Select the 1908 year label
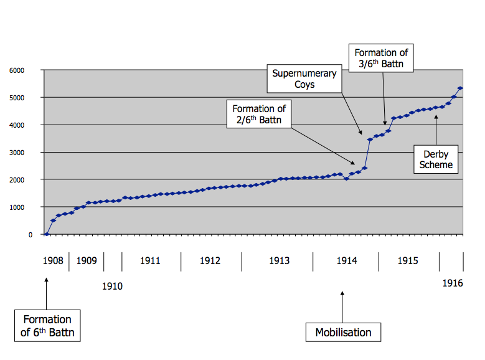point(54,261)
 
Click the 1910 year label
point(112,287)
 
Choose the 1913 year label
point(279,261)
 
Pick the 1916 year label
point(453,283)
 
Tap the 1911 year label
point(149,261)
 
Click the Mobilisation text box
point(343,332)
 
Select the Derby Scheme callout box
point(436,159)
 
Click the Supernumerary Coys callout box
point(304,78)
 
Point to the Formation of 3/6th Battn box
point(381,59)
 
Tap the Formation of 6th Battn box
point(47,326)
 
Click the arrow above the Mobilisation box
point(343,306)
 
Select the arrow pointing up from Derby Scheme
point(436,130)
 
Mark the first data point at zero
point(47,234)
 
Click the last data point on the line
point(460,88)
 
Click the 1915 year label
point(408,261)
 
